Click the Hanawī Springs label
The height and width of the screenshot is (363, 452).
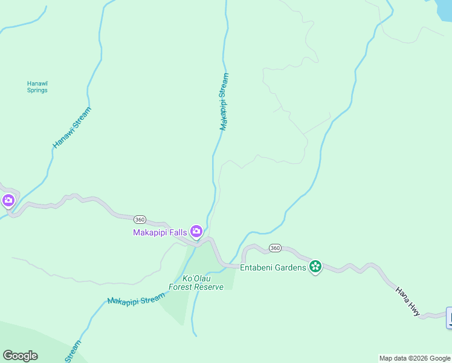coord(37,87)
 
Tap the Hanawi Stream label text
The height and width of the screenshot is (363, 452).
coord(72,128)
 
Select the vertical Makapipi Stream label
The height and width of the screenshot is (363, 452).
coord(224,102)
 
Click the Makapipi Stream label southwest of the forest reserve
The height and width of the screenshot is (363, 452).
coord(136,298)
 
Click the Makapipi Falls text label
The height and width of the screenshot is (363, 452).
coord(160,232)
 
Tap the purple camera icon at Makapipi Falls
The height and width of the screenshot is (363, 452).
coord(196,231)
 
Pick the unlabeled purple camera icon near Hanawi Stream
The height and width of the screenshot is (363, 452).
coord(8,201)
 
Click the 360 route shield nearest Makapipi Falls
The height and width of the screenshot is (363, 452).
coord(140,219)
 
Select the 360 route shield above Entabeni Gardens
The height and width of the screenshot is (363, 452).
coord(275,248)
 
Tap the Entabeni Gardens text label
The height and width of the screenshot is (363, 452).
coord(273,267)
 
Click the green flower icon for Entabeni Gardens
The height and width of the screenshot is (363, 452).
coord(315,266)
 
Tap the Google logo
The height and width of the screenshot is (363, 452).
coord(20,355)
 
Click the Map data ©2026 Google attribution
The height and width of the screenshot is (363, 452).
coord(415,358)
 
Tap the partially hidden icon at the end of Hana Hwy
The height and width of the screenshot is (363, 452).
coord(449,318)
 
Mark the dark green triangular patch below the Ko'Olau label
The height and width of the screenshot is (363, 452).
coord(175,306)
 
